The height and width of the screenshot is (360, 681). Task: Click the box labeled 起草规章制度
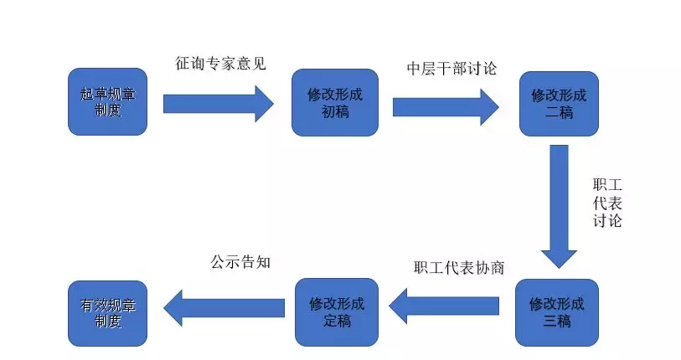coord(108,101)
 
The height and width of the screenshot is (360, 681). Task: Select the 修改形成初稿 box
coord(335,102)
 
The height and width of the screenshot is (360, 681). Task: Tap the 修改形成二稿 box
coord(559,104)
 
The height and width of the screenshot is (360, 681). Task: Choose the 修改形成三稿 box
coord(557,312)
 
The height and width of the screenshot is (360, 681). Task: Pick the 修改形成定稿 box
coord(337,312)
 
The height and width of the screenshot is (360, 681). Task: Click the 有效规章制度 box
coord(108,313)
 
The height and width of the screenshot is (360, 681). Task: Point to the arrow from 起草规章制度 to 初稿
coord(219,104)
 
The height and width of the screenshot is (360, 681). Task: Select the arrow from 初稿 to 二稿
coord(446,107)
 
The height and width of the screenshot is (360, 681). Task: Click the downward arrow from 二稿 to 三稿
coord(559,207)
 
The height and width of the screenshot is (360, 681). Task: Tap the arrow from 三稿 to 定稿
coord(444,306)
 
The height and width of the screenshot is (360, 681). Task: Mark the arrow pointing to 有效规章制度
coord(224,308)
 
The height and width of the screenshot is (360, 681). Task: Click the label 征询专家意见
coord(220,64)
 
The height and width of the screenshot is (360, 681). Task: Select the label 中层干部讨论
coord(451,68)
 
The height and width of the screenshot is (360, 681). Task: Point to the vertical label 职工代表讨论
coord(607,203)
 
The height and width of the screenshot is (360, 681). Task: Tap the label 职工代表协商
coord(459,268)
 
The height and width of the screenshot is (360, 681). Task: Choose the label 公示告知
coord(240,262)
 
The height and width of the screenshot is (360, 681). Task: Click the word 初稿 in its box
coord(335,111)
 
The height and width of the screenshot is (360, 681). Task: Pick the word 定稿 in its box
coord(337,321)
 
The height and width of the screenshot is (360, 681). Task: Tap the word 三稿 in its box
coord(557,321)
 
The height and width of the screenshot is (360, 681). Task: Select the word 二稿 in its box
coord(559,112)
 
